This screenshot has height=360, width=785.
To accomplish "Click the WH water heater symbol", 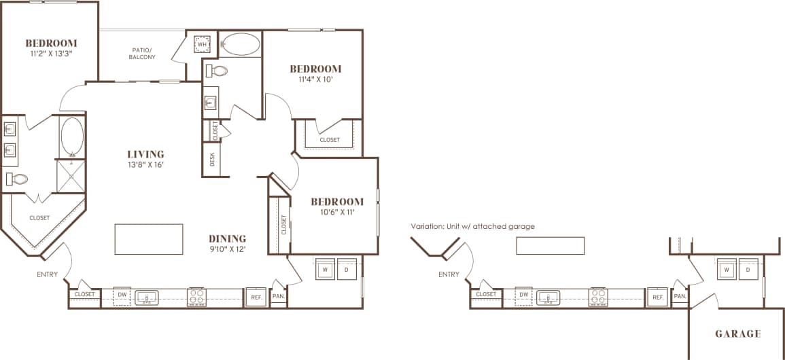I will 202,45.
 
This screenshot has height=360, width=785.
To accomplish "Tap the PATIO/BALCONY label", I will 142,53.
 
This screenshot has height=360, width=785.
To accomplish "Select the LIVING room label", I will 145,154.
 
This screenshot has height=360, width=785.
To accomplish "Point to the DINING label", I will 227,238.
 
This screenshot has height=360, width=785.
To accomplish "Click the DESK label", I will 213,159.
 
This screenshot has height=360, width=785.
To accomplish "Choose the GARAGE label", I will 737,334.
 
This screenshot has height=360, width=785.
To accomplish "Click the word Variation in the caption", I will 426,226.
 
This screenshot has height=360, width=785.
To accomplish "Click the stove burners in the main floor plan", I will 196,297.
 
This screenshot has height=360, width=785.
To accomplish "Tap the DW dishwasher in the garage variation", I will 523,297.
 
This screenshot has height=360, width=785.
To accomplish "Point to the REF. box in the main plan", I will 256,298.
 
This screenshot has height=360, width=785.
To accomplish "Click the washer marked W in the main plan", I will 324,269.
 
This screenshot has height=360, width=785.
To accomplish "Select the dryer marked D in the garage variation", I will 748,269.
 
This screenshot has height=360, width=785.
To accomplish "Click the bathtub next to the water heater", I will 241,45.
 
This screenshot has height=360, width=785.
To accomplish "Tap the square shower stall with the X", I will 71,173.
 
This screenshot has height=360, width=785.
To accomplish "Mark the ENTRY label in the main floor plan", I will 48,275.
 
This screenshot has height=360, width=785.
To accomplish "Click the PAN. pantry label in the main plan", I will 279,297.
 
